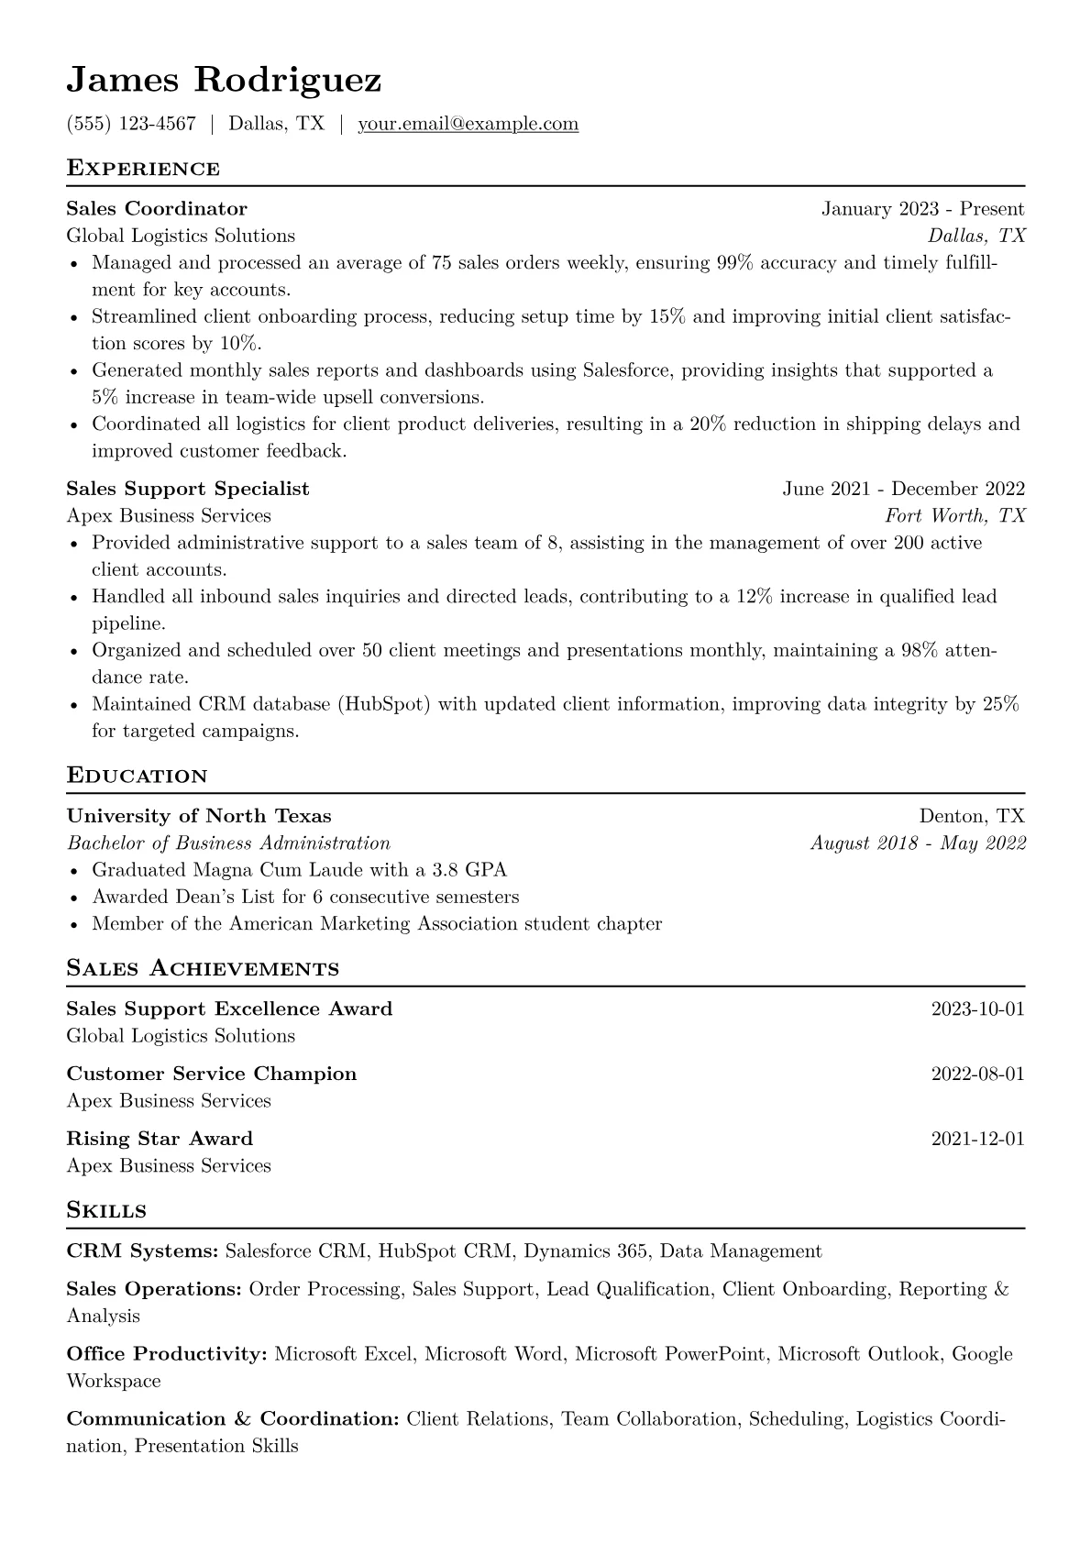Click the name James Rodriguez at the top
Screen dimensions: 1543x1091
click(224, 81)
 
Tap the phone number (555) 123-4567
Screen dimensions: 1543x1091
click(131, 124)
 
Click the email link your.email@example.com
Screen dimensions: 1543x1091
click(468, 124)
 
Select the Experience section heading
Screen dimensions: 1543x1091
click(143, 169)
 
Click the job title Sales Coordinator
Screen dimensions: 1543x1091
click(157, 209)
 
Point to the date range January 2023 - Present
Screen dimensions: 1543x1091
click(922, 209)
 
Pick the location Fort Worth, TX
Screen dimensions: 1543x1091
click(954, 515)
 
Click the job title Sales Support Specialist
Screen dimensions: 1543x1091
click(188, 489)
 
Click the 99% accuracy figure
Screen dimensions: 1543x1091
click(734, 263)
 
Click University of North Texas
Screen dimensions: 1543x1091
click(199, 816)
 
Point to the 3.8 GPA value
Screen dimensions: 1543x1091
click(468, 870)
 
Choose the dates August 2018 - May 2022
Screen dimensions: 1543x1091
click(918, 843)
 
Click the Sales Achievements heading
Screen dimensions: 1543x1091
click(203, 968)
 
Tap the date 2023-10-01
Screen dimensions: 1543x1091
click(977, 1009)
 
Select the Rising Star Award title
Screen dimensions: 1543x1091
click(160, 1139)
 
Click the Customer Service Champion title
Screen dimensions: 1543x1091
click(212, 1074)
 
